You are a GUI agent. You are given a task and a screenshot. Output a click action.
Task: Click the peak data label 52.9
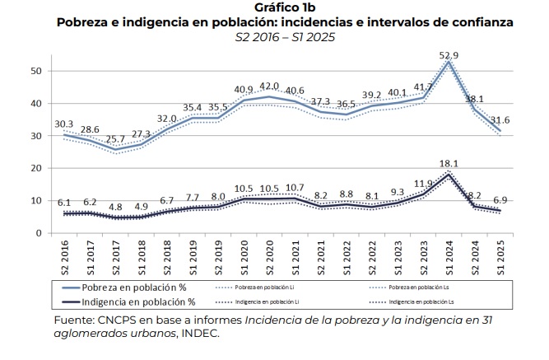pyautogui.click(x=449, y=56)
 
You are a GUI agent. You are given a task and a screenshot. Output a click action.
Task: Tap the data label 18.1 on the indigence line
pyautogui.click(x=449, y=165)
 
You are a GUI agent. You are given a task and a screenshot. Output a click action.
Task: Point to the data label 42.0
pyautogui.click(x=270, y=86)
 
